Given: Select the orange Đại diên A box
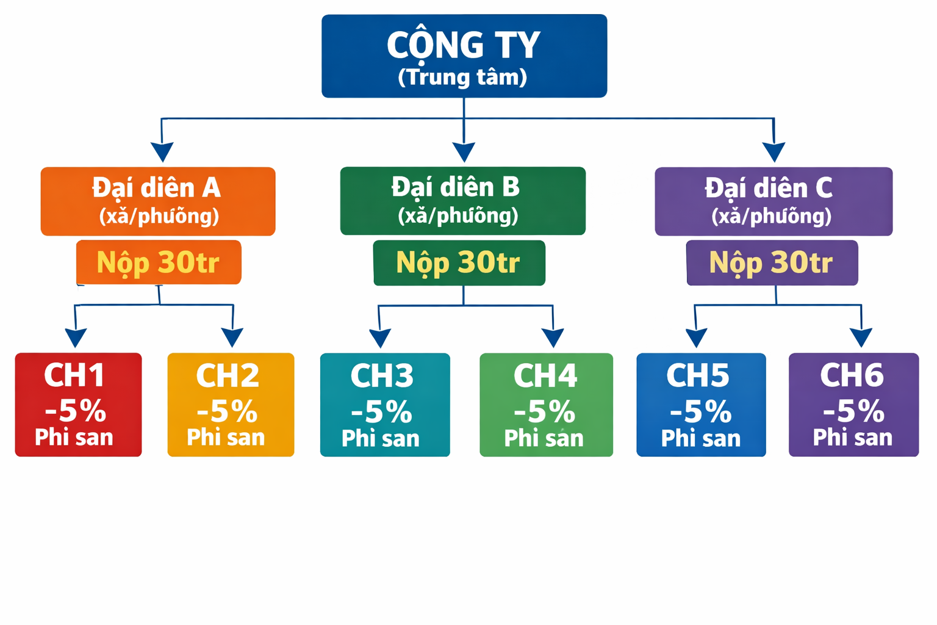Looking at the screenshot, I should [157, 201].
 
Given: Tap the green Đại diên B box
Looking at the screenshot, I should [462, 200].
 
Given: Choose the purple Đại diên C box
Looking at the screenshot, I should [773, 201].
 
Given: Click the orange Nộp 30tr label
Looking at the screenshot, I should [159, 262].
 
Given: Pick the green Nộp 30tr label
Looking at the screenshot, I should [459, 262].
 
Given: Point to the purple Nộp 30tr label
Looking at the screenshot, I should [772, 262].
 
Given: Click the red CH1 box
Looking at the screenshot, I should [78, 404].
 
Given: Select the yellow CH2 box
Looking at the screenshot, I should [231, 404].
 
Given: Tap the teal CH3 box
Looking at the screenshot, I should [385, 404].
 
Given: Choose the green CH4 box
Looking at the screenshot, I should [546, 404].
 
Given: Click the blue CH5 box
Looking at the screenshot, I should [701, 404].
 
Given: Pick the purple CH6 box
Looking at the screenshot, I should [853, 404].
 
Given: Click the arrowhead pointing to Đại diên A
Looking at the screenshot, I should [162, 151].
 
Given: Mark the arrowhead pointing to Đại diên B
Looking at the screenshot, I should [464, 151].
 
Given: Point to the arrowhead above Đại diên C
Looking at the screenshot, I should [774, 151].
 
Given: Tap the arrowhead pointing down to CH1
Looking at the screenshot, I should [76, 337].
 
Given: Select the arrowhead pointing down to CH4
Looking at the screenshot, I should [553, 337].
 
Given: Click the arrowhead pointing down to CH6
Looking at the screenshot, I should [861, 337].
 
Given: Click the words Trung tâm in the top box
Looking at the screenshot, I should [462, 78].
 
